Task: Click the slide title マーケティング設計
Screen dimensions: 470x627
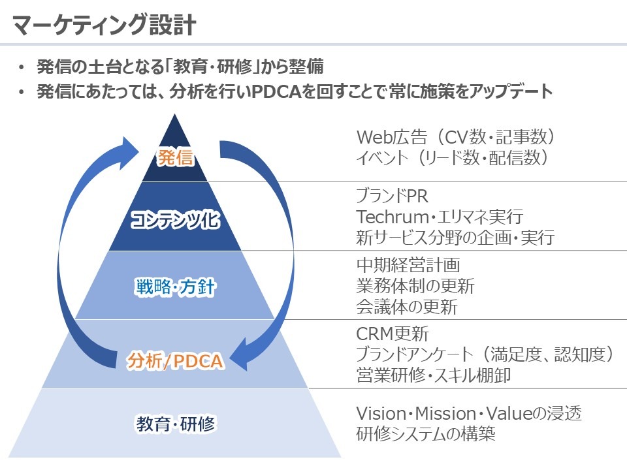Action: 104,24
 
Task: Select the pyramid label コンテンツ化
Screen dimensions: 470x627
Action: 175,220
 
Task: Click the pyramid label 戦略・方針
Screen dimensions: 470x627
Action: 176,287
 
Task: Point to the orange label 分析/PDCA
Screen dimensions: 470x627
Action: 175,360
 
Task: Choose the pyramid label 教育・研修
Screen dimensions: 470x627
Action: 176,424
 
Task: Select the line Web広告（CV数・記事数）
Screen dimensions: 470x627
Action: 456,137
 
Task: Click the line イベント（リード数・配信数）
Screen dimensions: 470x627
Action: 451,158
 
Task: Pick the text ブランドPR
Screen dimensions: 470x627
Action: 393,196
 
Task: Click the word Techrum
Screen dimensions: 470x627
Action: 386,217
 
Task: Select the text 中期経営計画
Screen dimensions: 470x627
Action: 408,265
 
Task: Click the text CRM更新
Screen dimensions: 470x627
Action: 393,334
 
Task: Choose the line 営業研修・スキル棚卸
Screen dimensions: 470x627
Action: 434,376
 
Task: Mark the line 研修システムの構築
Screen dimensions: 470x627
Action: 426,434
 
